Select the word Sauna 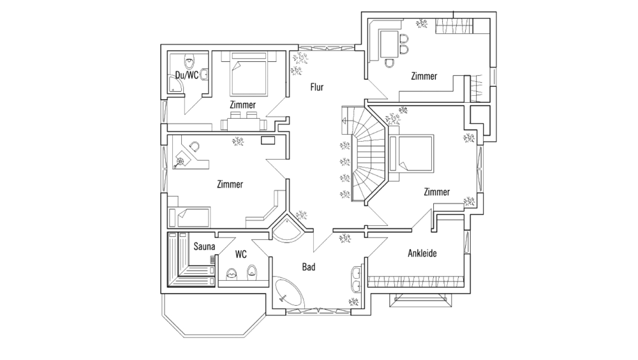pyautogui.click(x=204, y=245)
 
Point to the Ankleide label pyautogui.click(x=422, y=253)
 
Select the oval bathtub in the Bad pyautogui.click(x=290, y=293)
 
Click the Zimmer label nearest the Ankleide pyautogui.click(x=437, y=191)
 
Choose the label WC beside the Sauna pyautogui.click(x=241, y=253)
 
